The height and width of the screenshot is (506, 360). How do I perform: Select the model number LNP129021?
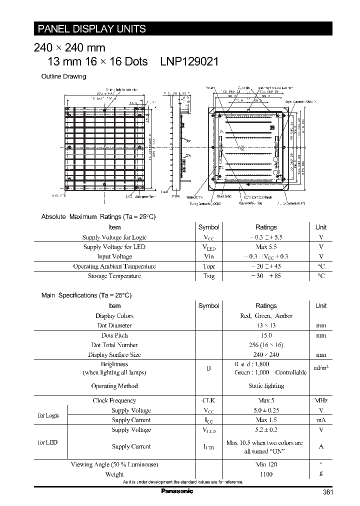point(189,61)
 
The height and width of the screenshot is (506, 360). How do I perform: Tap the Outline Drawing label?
point(63,76)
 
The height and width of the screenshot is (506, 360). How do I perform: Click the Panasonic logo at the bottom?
point(177,491)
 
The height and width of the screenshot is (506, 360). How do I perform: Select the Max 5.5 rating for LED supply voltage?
point(266,247)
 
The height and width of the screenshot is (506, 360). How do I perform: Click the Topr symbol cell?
point(209,266)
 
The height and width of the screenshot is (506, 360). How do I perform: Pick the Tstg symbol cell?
point(209,276)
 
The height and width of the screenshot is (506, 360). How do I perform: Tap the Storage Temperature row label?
point(114,276)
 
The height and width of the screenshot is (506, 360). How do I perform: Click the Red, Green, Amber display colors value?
point(266,316)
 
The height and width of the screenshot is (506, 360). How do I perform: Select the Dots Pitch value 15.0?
point(266,335)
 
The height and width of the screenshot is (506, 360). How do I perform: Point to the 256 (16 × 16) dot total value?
point(266,345)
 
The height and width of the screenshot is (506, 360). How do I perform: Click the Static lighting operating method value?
point(266,386)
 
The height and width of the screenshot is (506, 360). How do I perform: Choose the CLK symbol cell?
point(209,400)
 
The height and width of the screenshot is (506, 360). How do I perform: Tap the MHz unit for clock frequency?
point(321,400)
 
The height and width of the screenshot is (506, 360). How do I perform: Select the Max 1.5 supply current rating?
point(266,420)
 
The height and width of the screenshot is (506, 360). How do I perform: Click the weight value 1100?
point(266,474)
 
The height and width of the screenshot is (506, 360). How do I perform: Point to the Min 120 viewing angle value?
point(266,464)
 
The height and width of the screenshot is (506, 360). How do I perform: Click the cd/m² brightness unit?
point(321,368)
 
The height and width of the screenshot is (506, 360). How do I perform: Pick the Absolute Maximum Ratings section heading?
point(98,217)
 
